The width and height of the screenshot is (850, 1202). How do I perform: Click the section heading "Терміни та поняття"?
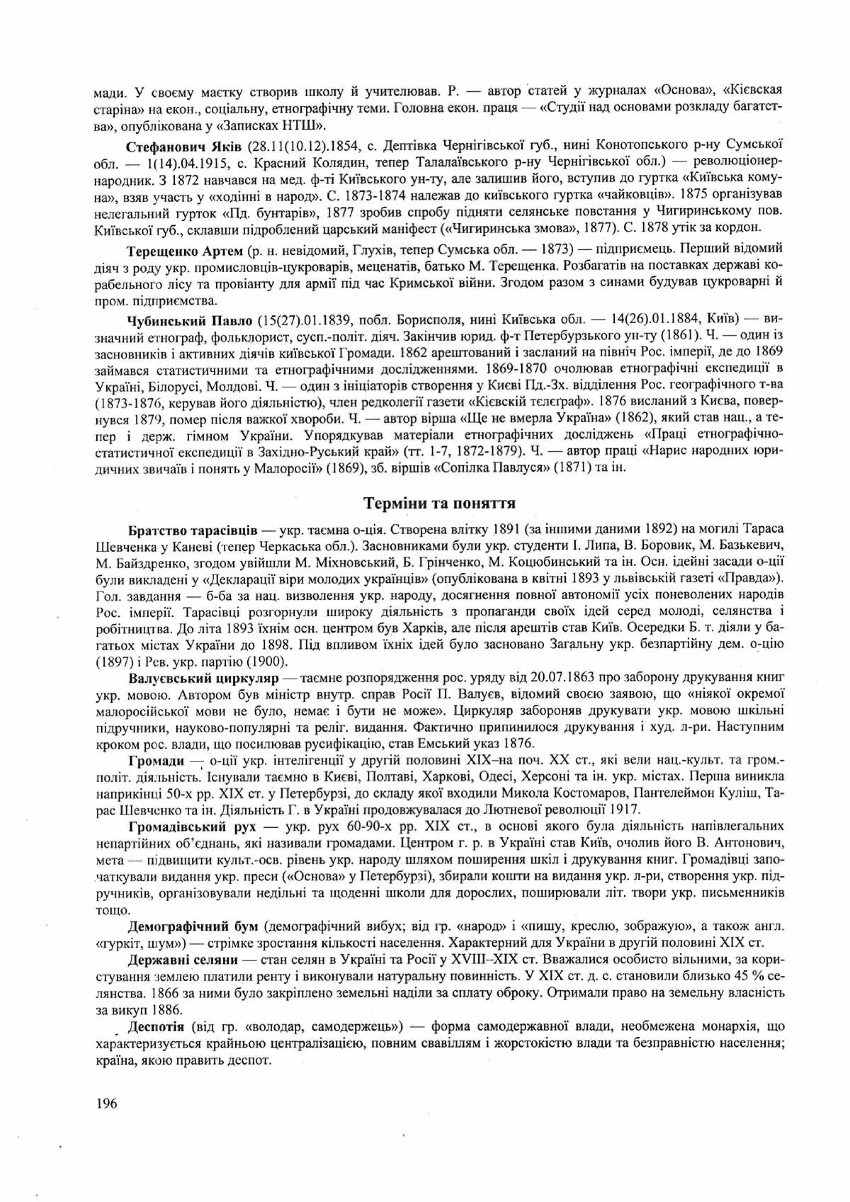pos(440,503)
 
